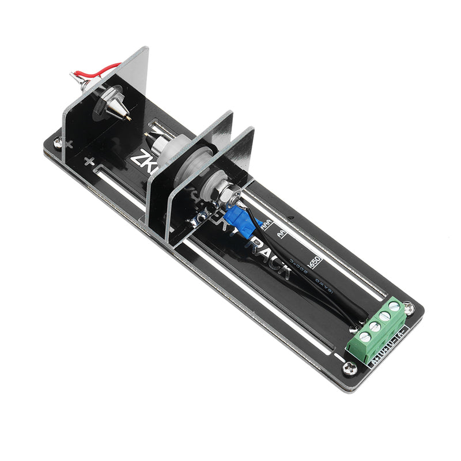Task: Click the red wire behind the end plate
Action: click(x=107, y=69)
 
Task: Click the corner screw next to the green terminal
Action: click(x=409, y=309)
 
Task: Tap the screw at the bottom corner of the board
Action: click(x=348, y=367)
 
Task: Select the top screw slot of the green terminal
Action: click(x=395, y=307)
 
